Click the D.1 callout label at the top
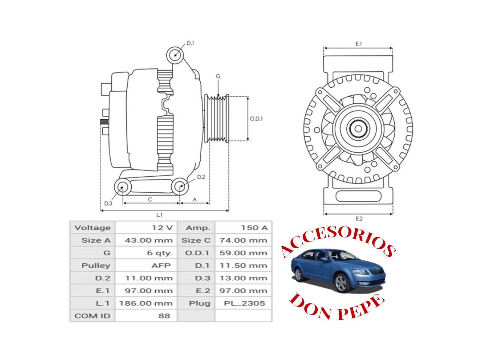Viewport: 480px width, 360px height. click(x=190, y=43)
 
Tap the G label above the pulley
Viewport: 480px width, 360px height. click(x=218, y=76)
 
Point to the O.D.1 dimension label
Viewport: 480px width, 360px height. click(x=256, y=119)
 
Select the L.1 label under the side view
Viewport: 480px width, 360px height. click(x=159, y=215)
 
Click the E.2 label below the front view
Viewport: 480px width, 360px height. click(x=359, y=219)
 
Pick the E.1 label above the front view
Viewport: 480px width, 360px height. click(x=358, y=44)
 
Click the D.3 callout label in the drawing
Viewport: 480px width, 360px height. click(x=108, y=203)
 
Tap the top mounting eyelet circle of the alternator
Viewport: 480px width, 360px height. click(x=175, y=55)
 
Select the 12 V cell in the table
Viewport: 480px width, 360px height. click(x=162, y=228)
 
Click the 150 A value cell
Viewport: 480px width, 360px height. click(x=254, y=228)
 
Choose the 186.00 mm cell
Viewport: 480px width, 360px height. click(x=146, y=303)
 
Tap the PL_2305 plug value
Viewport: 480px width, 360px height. click(x=244, y=303)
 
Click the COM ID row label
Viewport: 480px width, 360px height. click(x=92, y=316)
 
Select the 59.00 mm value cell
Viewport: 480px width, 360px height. click(x=243, y=253)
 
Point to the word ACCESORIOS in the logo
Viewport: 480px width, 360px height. click(x=337, y=240)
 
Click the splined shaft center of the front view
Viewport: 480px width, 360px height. click(x=358, y=129)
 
